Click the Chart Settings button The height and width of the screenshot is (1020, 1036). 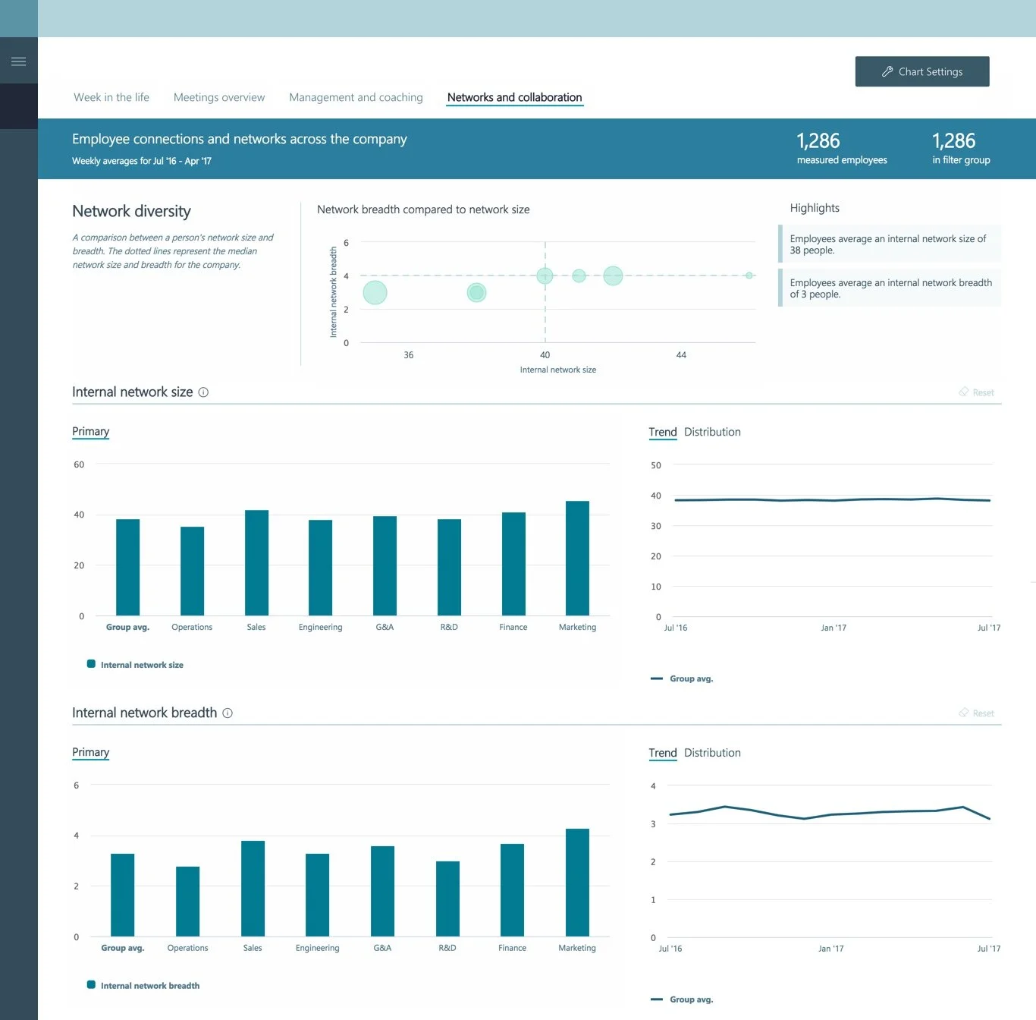[921, 71]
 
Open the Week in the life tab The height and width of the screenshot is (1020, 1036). [111, 97]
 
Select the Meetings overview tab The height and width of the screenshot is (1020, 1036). [219, 97]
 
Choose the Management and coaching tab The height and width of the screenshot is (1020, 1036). [356, 97]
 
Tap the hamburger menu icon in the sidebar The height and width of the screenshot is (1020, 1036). [19, 61]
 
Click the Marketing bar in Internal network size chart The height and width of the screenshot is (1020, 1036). [577, 558]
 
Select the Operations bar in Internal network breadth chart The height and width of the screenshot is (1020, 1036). [187, 901]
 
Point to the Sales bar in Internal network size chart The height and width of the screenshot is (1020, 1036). [256, 562]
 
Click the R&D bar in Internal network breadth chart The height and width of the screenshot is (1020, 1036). [447, 899]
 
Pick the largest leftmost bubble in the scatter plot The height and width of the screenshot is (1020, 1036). [375, 292]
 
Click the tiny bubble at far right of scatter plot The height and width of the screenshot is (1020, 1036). [749, 275]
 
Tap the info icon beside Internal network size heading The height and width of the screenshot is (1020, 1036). [203, 392]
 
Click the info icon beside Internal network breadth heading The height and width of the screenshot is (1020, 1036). [228, 713]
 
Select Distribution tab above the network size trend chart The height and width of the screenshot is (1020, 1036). [712, 432]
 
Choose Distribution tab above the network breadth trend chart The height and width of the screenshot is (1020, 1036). [712, 753]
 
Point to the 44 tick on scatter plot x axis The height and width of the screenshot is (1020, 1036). [681, 355]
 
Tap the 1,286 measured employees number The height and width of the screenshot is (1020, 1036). [818, 141]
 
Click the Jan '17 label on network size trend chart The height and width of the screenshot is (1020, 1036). [833, 628]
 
